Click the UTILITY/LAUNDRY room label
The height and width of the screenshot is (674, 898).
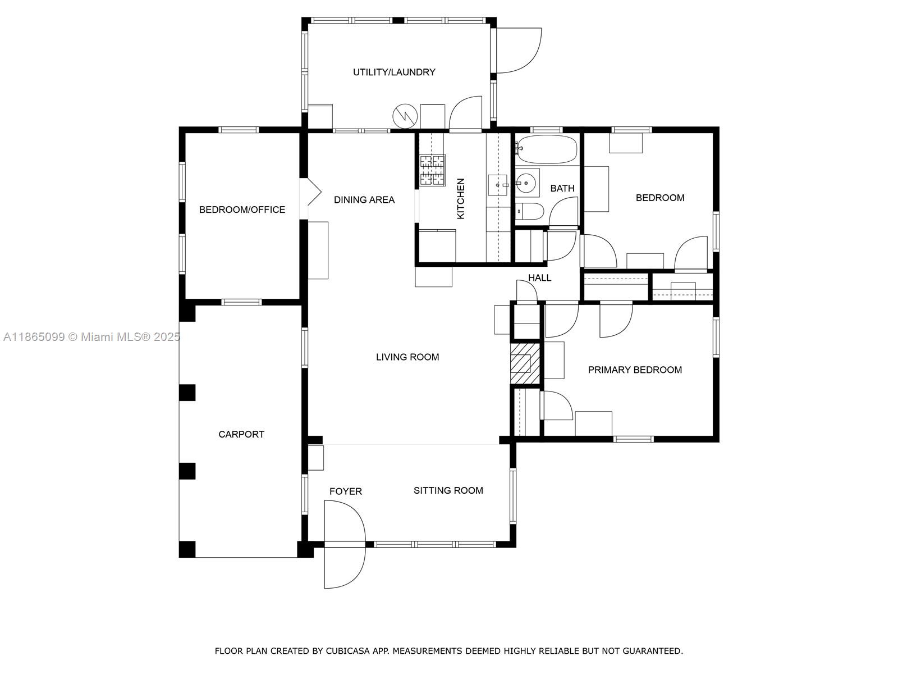(394, 72)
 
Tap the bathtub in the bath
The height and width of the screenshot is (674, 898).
(547, 149)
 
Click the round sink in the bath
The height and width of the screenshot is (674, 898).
(526, 182)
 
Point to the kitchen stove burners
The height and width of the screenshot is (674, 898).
(432, 170)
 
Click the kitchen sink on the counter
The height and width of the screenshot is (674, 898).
(498, 184)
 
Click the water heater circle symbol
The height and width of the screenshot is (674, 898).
(405, 116)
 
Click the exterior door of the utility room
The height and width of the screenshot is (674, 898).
(518, 51)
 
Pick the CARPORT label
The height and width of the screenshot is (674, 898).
(241, 434)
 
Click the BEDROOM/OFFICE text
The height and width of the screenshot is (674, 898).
(242, 210)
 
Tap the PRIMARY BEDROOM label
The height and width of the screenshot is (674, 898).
(635, 370)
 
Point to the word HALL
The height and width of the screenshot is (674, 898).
(539, 277)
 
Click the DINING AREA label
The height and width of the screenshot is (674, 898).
(364, 199)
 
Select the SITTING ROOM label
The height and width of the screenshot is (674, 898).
(448, 490)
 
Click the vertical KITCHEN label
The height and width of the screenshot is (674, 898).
(461, 199)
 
